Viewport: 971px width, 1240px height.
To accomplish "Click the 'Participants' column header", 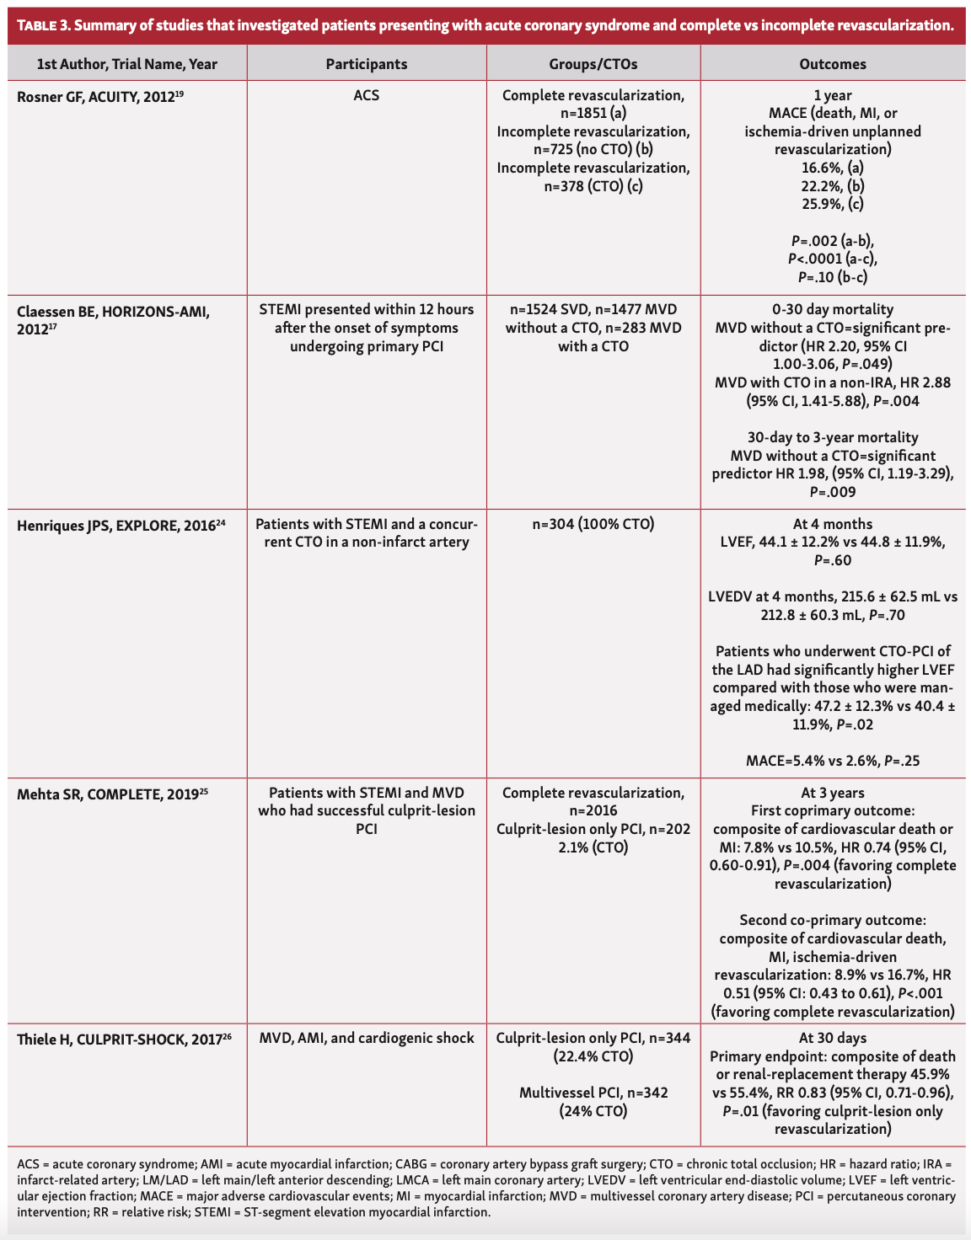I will [x=366, y=64].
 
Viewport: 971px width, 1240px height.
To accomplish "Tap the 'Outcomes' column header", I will [x=833, y=64].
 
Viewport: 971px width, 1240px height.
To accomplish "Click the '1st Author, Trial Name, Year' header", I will [x=127, y=64].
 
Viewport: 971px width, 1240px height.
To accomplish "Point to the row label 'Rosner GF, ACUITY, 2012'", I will [x=96, y=96].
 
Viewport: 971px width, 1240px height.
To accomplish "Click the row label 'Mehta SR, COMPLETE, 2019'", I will [x=108, y=794].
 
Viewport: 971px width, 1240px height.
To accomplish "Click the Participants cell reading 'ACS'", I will [x=366, y=95].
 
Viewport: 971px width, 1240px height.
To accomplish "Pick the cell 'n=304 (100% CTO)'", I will [x=593, y=524].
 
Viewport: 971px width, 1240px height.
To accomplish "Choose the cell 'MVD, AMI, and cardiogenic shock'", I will [x=366, y=1038].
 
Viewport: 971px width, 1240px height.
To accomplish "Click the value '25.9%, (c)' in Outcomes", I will [x=833, y=204].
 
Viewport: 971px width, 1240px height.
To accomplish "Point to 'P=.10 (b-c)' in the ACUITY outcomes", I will [x=833, y=277].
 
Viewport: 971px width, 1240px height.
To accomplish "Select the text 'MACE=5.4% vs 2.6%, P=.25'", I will [x=833, y=761].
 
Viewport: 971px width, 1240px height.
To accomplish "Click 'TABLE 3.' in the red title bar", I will [x=43, y=25].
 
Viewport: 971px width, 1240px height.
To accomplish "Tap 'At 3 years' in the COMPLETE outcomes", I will [x=833, y=793].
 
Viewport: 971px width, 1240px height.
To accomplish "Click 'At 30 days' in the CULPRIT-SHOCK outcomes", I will [x=833, y=1038].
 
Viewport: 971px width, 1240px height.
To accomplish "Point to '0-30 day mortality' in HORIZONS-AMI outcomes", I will [x=833, y=309].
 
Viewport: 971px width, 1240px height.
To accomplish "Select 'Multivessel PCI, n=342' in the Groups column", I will [x=593, y=1093].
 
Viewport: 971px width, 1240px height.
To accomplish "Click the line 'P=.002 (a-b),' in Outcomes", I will [x=833, y=241].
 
